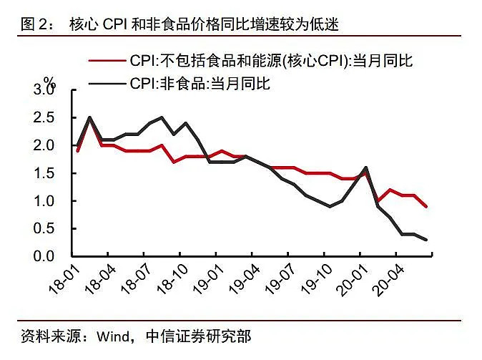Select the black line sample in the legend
[x=107, y=84]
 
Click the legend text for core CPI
[x=272, y=62]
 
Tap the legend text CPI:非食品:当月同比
[x=200, y=84]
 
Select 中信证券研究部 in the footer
[x=198, y=336]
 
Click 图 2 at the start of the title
[x=34, y=25]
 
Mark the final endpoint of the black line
[x=427, y=240]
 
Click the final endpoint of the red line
[x=427, y=206]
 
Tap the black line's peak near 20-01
[x=366, y=167]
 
